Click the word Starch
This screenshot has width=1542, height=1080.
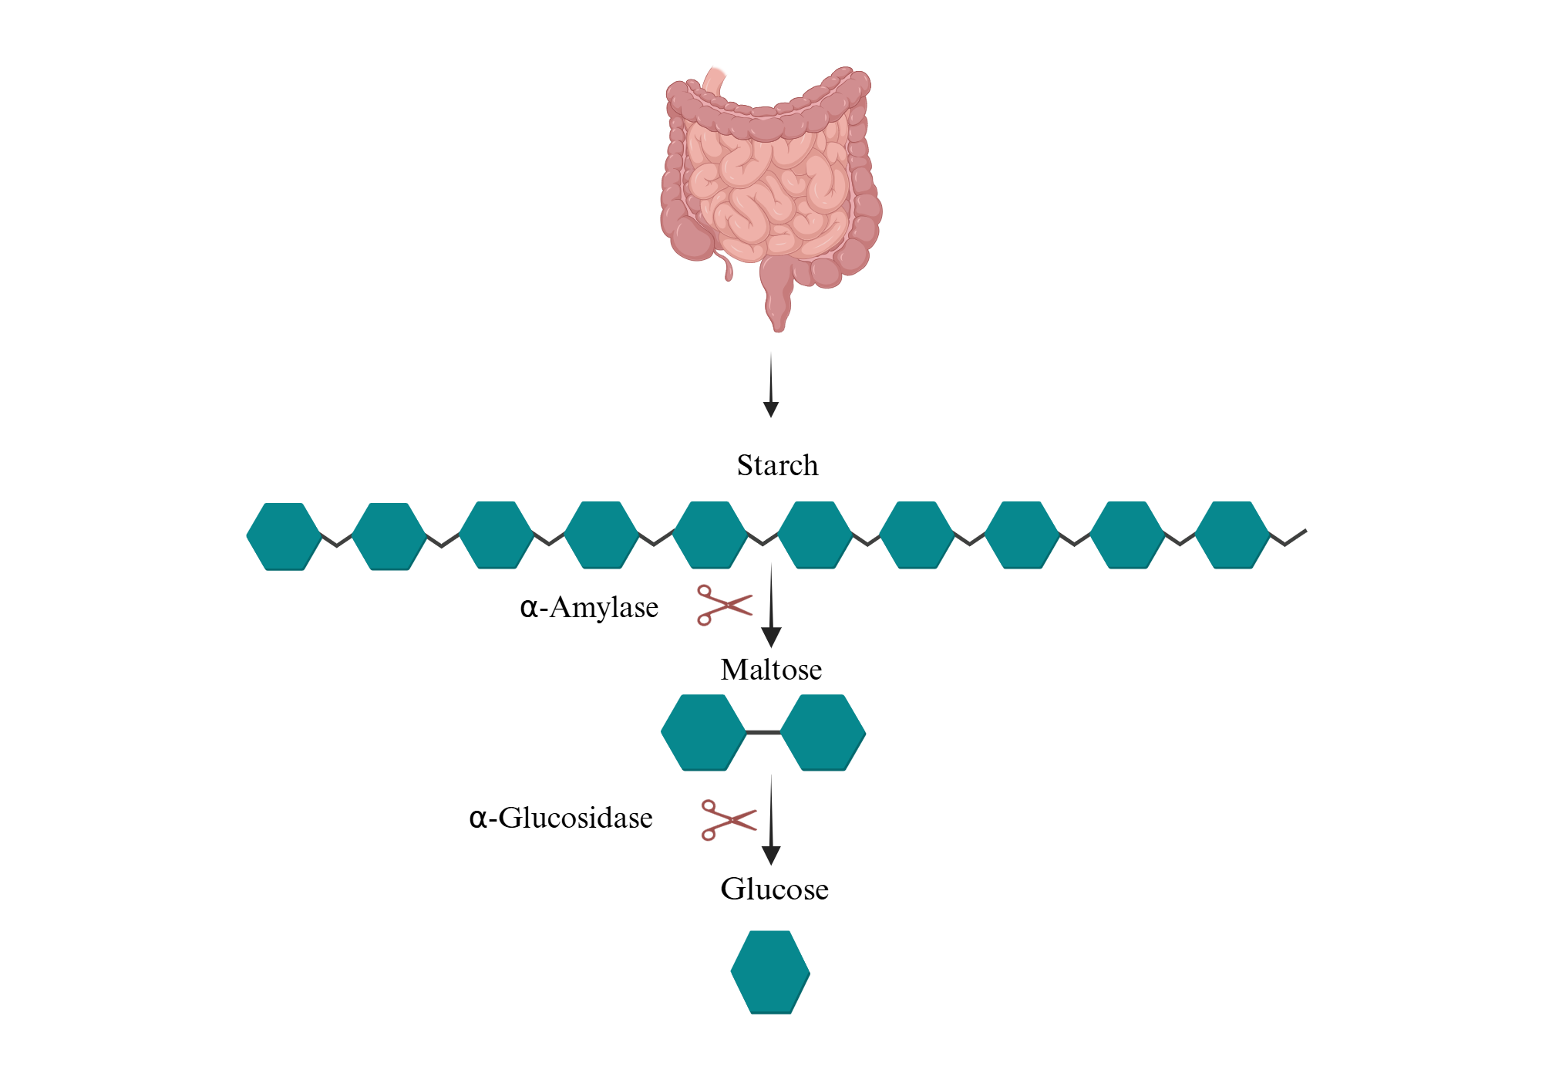777,465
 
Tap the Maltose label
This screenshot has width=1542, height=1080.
771,670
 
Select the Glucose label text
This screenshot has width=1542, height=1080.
774,889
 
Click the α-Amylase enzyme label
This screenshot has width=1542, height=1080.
590,608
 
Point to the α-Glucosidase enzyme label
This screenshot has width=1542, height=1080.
561,818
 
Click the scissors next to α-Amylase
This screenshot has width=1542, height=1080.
723,605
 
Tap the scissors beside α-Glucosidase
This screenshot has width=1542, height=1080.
728,819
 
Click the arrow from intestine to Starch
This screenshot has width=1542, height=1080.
771,386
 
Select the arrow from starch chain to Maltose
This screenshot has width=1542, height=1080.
771,606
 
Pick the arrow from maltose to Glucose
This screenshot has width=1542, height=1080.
771,820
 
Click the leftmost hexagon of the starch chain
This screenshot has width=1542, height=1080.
284,537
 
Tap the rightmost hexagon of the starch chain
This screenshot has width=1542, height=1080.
1232,535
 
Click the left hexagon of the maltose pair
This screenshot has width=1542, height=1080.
703,732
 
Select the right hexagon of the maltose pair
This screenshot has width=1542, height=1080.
823,732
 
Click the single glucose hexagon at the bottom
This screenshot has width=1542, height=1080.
770,972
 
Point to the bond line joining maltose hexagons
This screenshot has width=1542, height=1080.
763,732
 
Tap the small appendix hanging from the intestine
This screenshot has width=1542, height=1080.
726,267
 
